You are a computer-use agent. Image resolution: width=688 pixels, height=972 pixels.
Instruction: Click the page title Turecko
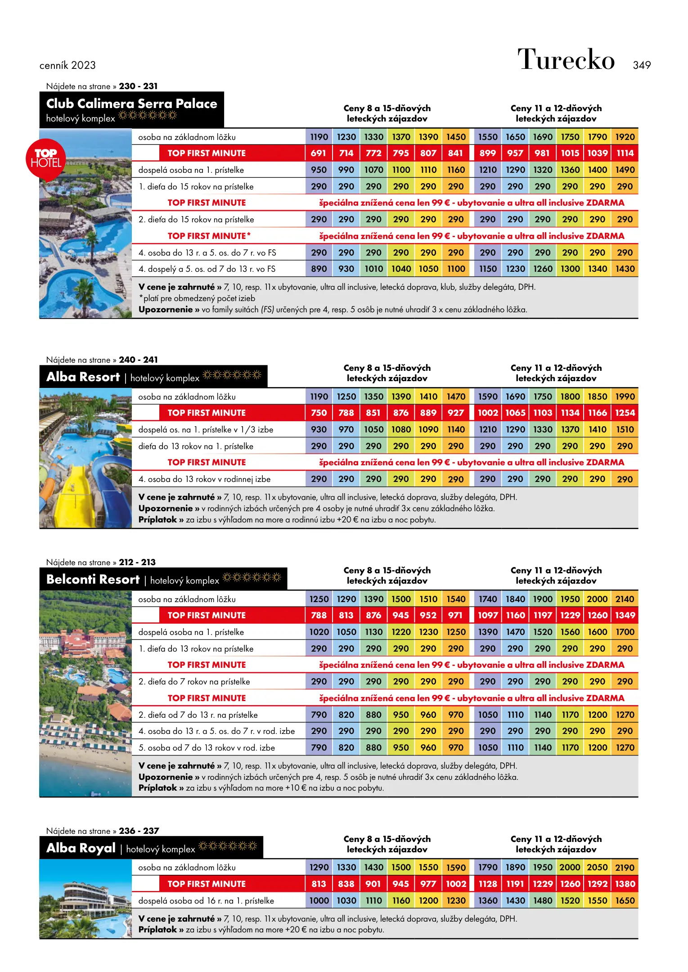coord(566,60)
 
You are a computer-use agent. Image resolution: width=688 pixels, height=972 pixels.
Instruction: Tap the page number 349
coord(641,65)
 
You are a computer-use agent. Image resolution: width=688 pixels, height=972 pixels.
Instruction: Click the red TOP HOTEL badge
coord(46,159)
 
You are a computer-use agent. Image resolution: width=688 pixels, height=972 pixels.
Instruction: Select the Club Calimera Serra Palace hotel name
coord(131,104)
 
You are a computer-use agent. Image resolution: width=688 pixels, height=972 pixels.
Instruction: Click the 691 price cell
coord(318,153)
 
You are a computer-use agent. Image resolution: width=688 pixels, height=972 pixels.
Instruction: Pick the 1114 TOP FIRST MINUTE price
coord(625,153)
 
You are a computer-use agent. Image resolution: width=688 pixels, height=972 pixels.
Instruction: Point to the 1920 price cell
coord(625,137)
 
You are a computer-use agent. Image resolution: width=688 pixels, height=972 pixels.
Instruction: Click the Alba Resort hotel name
coord(83,377)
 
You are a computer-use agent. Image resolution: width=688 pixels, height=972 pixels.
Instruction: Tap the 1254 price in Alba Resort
coord(625,413)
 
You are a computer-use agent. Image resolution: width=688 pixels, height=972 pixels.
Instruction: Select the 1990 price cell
coord(625,396)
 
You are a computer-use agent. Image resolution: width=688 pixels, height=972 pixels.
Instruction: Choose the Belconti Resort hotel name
coord(93,579)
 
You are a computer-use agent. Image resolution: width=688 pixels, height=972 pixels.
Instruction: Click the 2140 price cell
coord(625,599)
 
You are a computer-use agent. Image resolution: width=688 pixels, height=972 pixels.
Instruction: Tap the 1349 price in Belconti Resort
coord(625,616)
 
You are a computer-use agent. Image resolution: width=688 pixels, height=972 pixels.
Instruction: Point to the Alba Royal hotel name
coord(81,848)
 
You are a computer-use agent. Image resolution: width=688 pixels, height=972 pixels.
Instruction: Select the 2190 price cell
coord(625,868)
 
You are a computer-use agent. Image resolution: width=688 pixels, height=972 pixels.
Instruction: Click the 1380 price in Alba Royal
coord(625,884)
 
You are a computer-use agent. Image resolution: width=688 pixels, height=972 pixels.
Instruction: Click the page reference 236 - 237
coord(139,831)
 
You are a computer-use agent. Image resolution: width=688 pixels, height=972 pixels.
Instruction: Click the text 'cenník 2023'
coord(67,66)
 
